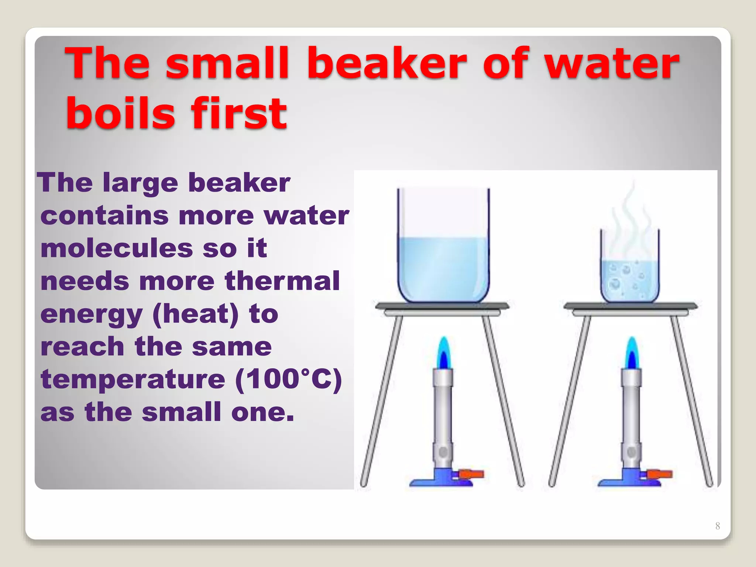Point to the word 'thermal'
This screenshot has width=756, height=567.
(282, 281)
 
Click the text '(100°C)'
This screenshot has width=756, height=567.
(289, 379)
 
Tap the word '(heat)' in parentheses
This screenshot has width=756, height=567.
(195, 314)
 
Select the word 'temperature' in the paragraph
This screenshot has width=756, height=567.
(133, 379)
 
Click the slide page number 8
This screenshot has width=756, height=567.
(717, 526)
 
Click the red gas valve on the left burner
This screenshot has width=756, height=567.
(471, 474)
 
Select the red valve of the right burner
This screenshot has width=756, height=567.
(660, 474)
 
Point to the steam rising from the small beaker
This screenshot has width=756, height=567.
(629, 221)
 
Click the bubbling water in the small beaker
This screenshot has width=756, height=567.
(629, 281)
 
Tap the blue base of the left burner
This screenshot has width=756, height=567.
(439, 480)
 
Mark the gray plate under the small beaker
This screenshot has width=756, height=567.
(630, 306)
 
